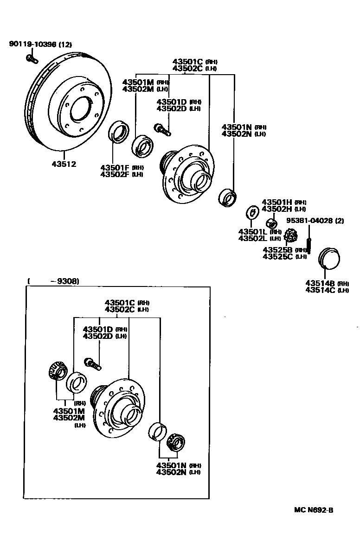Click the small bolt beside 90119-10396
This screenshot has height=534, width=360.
pos(31,59)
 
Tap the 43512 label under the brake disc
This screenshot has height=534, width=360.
pos(64,164)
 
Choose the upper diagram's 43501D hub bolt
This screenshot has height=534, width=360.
pos(162,129)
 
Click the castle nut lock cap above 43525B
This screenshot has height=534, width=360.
pos(290,235)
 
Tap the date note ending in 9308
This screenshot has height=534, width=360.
pos(53,281)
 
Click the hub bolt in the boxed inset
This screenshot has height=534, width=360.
pos(92,363)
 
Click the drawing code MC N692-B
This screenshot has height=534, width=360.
pos(313,510)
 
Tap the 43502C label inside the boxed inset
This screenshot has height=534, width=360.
pos(120,309)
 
